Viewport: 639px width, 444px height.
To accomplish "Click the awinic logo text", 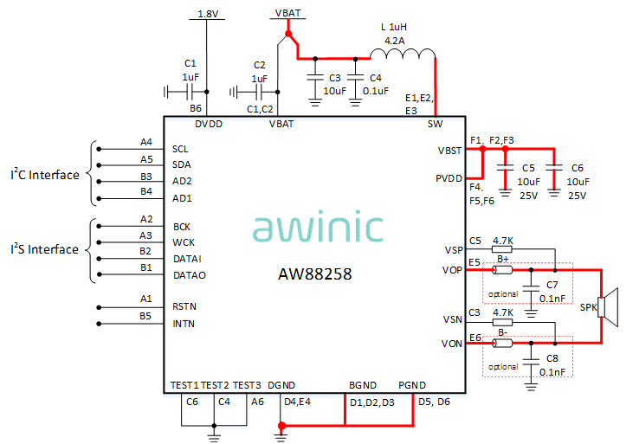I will [318, 227].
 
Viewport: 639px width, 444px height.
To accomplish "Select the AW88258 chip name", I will [314, 274].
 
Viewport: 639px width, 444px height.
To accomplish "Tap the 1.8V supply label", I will [208, 15].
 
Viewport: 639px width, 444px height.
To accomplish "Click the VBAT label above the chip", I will [287, 13].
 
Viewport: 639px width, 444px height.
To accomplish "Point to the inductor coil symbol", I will [403, 55].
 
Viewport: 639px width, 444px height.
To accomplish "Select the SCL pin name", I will [180, 148].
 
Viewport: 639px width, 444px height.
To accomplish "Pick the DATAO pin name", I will [189, 275].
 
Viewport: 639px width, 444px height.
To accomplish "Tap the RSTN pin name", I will [184, 306].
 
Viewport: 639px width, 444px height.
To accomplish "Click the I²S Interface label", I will [44, 250].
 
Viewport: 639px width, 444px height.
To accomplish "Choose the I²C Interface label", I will [44, 175].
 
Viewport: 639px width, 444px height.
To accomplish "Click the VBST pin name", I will [450, 151].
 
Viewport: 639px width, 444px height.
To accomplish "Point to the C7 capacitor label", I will [552, 285].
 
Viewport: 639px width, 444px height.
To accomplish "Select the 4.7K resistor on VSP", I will [502, 248].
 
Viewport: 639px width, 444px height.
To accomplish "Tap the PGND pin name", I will [411, 385].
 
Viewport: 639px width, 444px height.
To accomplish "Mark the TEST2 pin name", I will [215, 385].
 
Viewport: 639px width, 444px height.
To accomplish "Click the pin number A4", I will [146, 142].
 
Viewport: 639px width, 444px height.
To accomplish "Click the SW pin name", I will [435, 124].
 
